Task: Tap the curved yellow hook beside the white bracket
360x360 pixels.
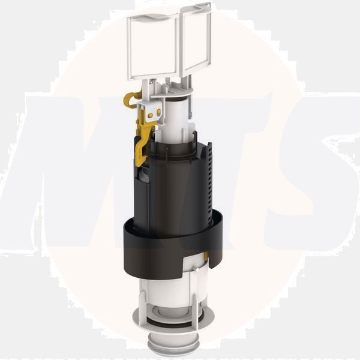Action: (x=131, y=98)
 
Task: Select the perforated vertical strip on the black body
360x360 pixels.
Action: (x=208, y=180)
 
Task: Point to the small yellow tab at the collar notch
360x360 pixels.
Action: (x=206, y=257)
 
